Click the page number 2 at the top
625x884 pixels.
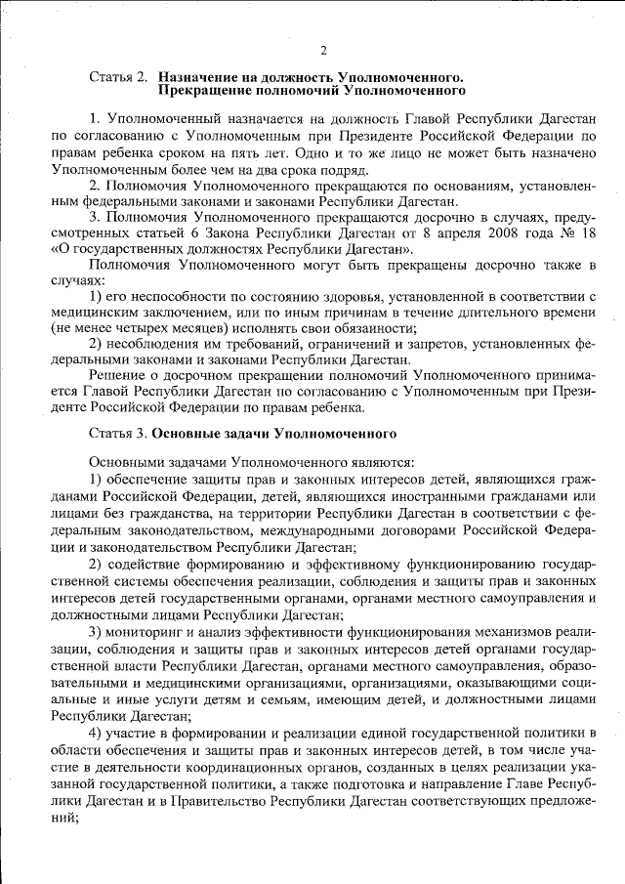tap(322, 51)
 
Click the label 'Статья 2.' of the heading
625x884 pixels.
tap(120, 76)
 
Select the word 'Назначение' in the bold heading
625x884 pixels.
tap(198, 76)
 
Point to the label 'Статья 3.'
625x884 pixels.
tap(120, 431)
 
